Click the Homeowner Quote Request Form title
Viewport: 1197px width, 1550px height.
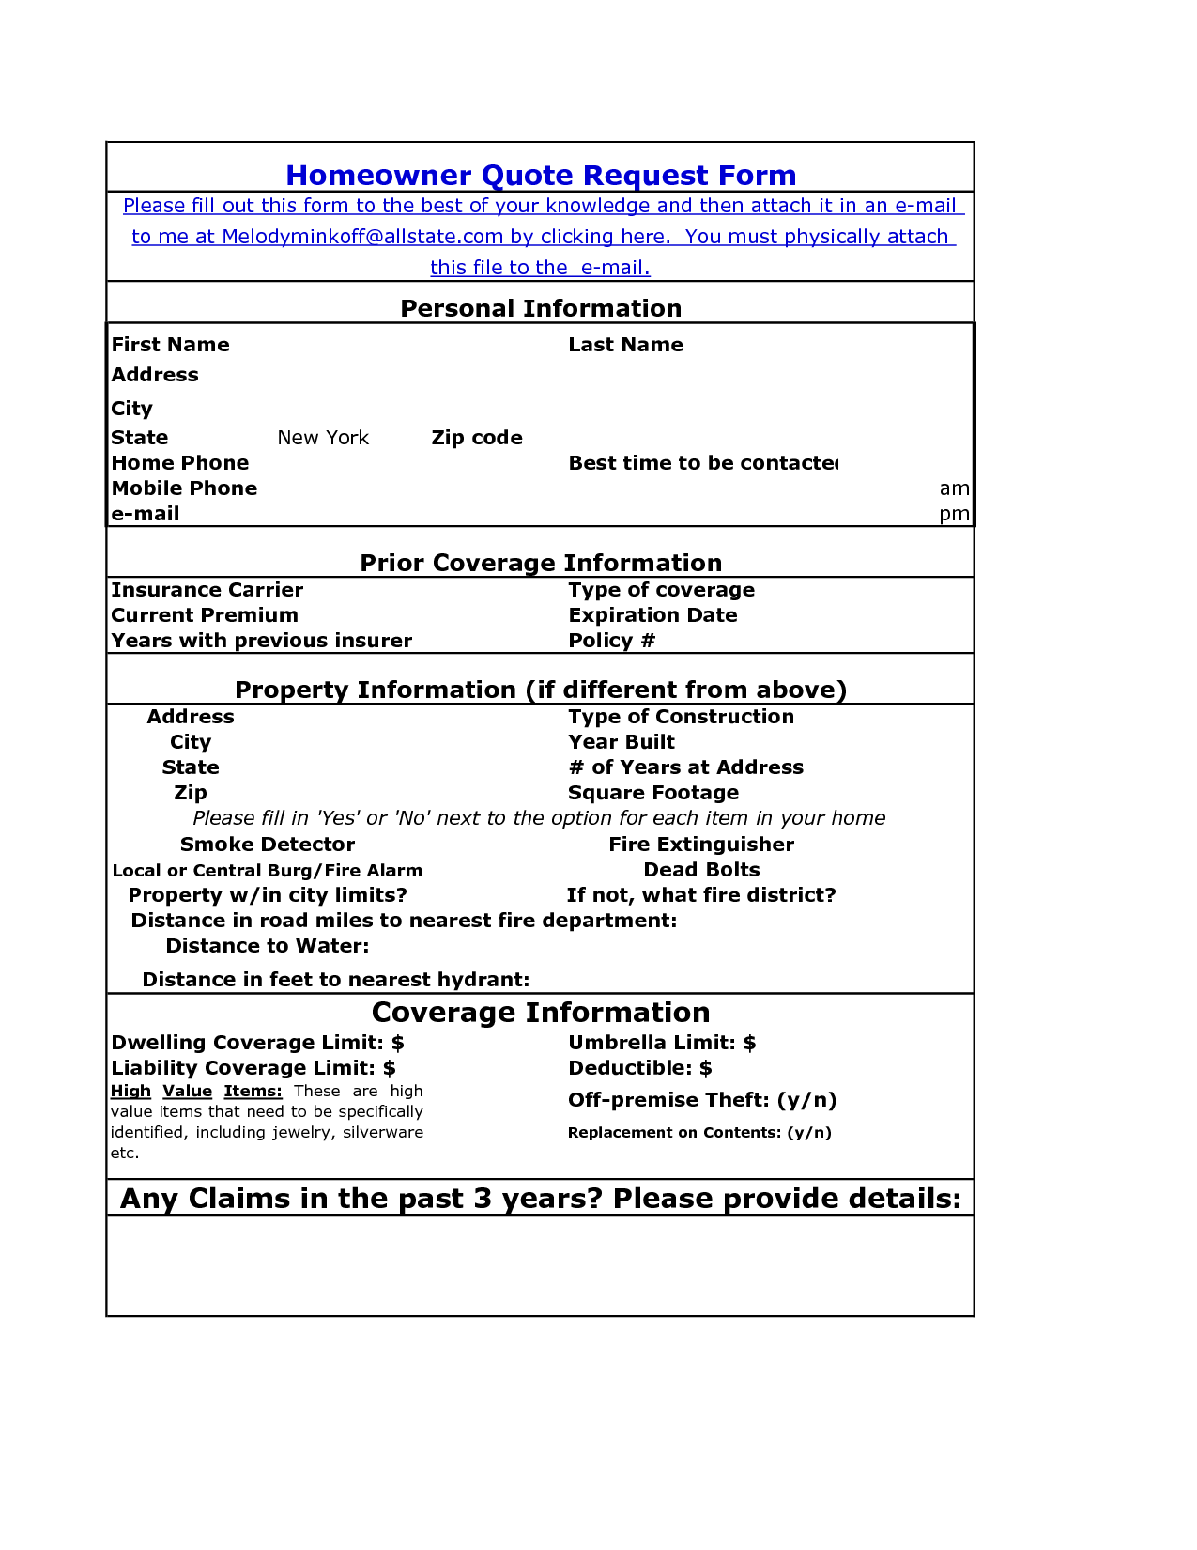[x=541, y=176]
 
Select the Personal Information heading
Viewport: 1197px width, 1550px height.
[x=541, y=308]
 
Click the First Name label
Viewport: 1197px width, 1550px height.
[x=170, y=345]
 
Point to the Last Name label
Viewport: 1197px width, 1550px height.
[x=625, y=345]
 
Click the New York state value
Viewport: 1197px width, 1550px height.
[x=323, y=438]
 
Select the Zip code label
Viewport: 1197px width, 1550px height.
[x=477, y=438]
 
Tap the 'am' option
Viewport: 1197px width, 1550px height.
[x=954, y=488]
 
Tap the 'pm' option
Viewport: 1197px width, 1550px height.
[x=954, y=514]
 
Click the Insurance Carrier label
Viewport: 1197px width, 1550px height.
[x=207, y=590]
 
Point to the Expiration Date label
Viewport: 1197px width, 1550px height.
[x=652, y=615]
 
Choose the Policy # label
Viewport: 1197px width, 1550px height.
[x=611, y=641]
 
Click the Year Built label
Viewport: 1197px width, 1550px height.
[x=621, y=742]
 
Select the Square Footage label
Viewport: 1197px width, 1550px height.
[x=652, y=793]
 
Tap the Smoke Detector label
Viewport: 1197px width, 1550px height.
[x=267, y=845]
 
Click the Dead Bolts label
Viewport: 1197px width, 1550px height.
[x=701, y=870]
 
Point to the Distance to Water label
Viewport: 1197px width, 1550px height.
[x=267, y=946]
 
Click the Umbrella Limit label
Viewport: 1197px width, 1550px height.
[x=661, y=1043]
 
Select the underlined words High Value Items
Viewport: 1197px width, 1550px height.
[x=196, y=1091]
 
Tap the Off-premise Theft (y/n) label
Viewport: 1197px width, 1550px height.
[x=701, y=1100]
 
